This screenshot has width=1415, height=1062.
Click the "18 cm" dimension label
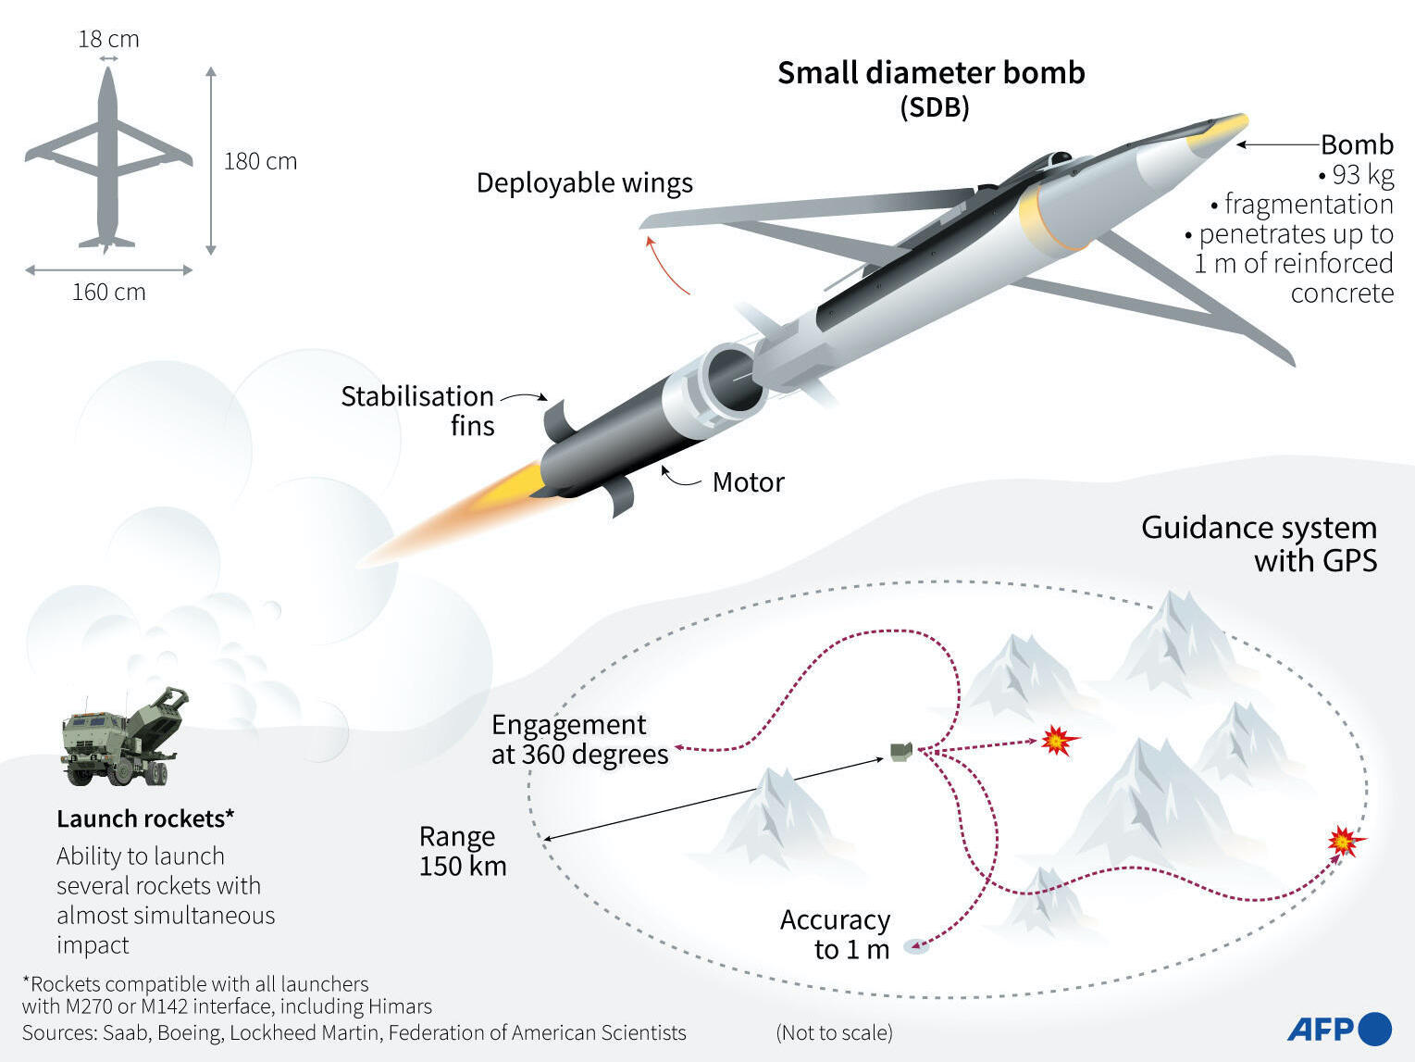pyautogui.click(x=108, y=39)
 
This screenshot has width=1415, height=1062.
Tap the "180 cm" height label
pyautogui.click(x=260, y=161)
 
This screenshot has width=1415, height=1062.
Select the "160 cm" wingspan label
pyautogui.click(x=109, y=292)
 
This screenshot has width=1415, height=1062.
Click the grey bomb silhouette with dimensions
pyautogui.click(x=108, y=159)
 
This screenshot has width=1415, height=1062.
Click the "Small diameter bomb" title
pyautogui.click(x=931, y=73)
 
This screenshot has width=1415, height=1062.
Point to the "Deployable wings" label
pyautogui.click(x=585, y=183)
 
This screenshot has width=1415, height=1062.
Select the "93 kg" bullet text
pyautogui.click(x=1357, y=175)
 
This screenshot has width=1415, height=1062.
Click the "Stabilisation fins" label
pyautogui.click(x=417, y=411)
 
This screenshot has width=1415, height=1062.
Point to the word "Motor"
pyautogui.click(x=749, y=482)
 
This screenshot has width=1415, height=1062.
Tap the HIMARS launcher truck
pyautogui.click(x=125, y=736)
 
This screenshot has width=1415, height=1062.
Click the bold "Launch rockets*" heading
pyautogui.click(x=145, y=818)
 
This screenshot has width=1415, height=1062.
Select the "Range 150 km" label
pyautogui.click(x=463, y=851)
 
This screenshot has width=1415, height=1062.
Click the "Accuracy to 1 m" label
pyautogui.click(x=835, y=934)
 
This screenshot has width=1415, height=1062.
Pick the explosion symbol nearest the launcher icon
pyautogui.click(x=1059, y=740)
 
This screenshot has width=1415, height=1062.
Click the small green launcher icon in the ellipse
pyautogui.click(x=901, y=752)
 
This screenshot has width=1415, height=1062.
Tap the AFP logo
pyautogui.click(x=1339, y=1029)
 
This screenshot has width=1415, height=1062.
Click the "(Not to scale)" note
pyautogui.click(x=834, y=1032)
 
